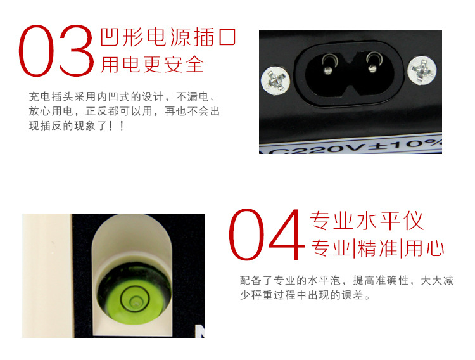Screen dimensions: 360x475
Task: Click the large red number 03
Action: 57,52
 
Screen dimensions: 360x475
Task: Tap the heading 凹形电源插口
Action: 168,37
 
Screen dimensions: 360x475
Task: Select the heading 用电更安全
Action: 152,64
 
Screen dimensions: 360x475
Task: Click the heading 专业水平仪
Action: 366,221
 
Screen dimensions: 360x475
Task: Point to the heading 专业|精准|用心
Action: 377,249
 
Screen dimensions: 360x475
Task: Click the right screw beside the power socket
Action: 422,70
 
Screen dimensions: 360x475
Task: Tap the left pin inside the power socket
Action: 327,62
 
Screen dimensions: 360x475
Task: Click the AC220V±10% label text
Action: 351,145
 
